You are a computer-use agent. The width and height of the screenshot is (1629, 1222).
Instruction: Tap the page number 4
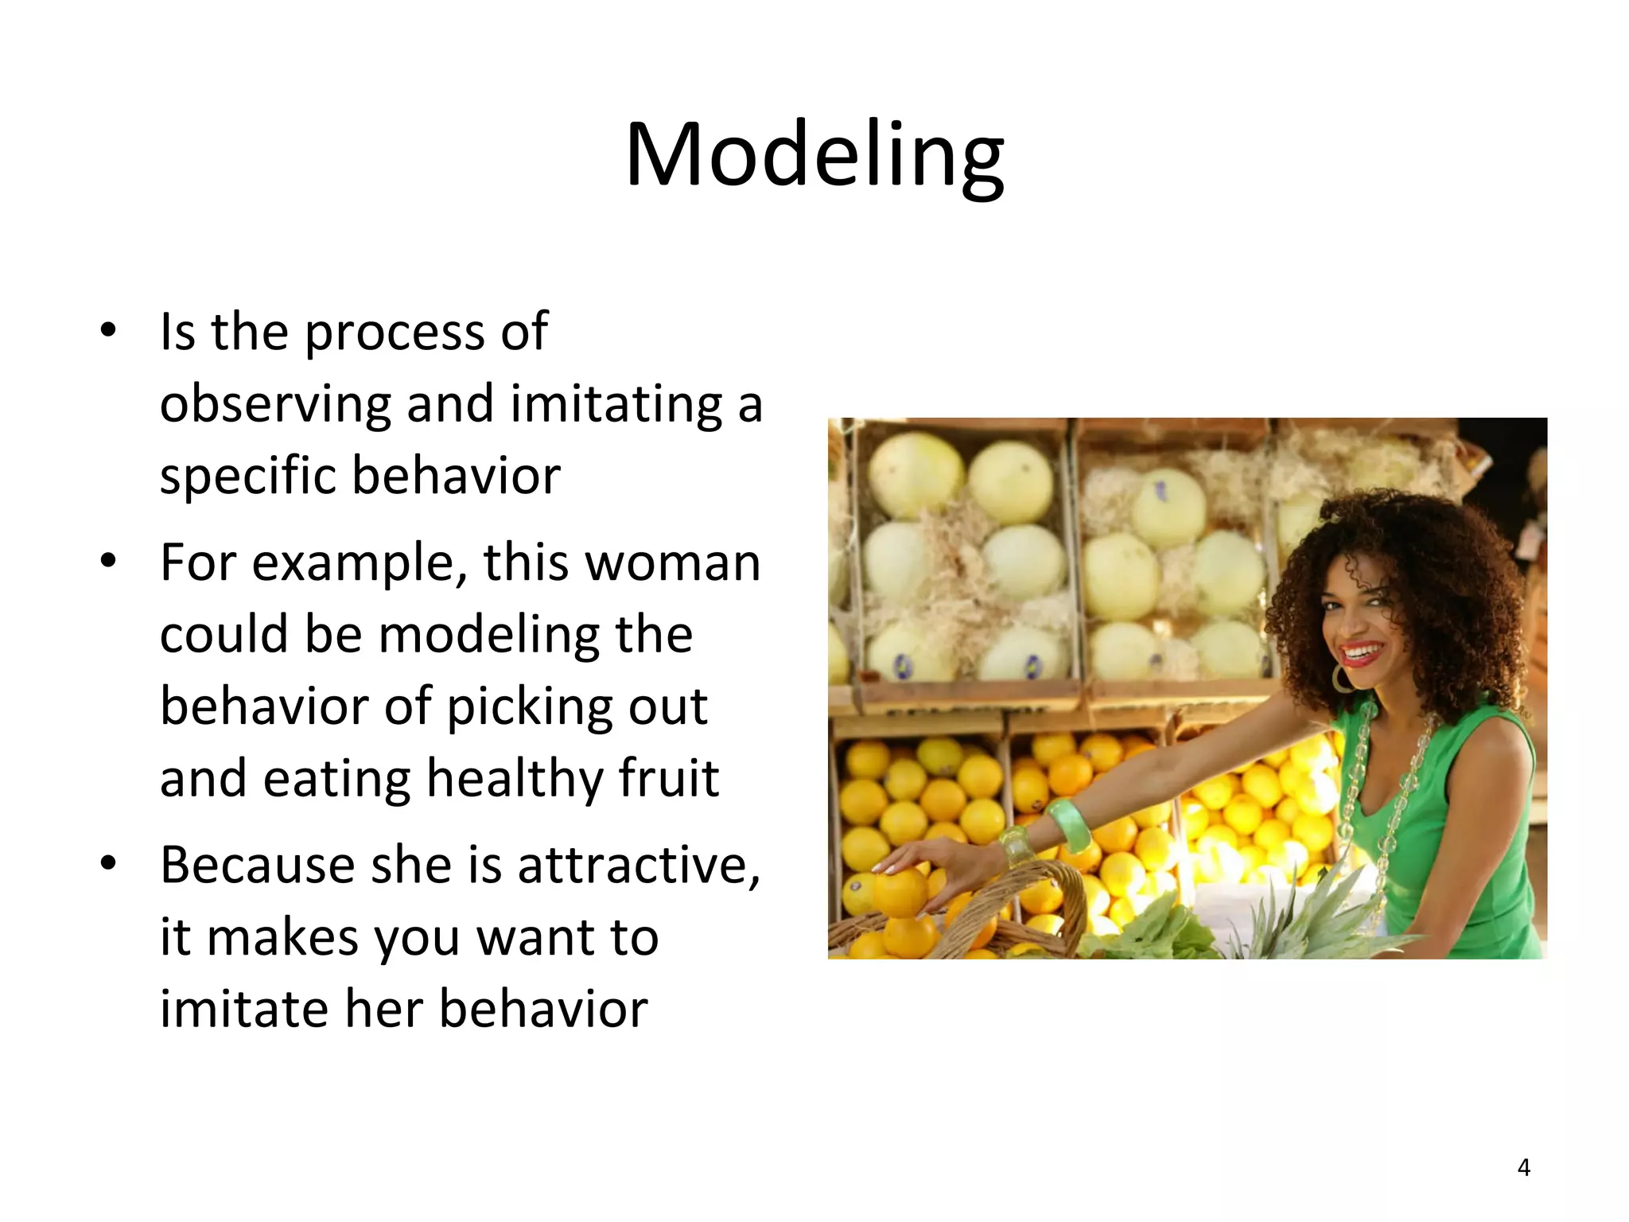(x=1523, y=1167)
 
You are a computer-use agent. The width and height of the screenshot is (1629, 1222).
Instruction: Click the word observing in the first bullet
(x=275, y=403)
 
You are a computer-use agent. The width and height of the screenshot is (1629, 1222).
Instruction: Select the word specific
(x=247, y=476)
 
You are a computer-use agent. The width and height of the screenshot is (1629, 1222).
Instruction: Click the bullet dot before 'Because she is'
(x=109, y=862)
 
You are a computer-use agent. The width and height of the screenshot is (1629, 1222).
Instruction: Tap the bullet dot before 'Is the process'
(x=109, y=329)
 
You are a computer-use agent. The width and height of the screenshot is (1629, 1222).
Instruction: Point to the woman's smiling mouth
(x=1362, y=654)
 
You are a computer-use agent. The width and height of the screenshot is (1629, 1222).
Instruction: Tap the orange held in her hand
(x=900, y=891)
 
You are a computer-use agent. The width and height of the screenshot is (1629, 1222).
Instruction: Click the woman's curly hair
(x=1424, y=557)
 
